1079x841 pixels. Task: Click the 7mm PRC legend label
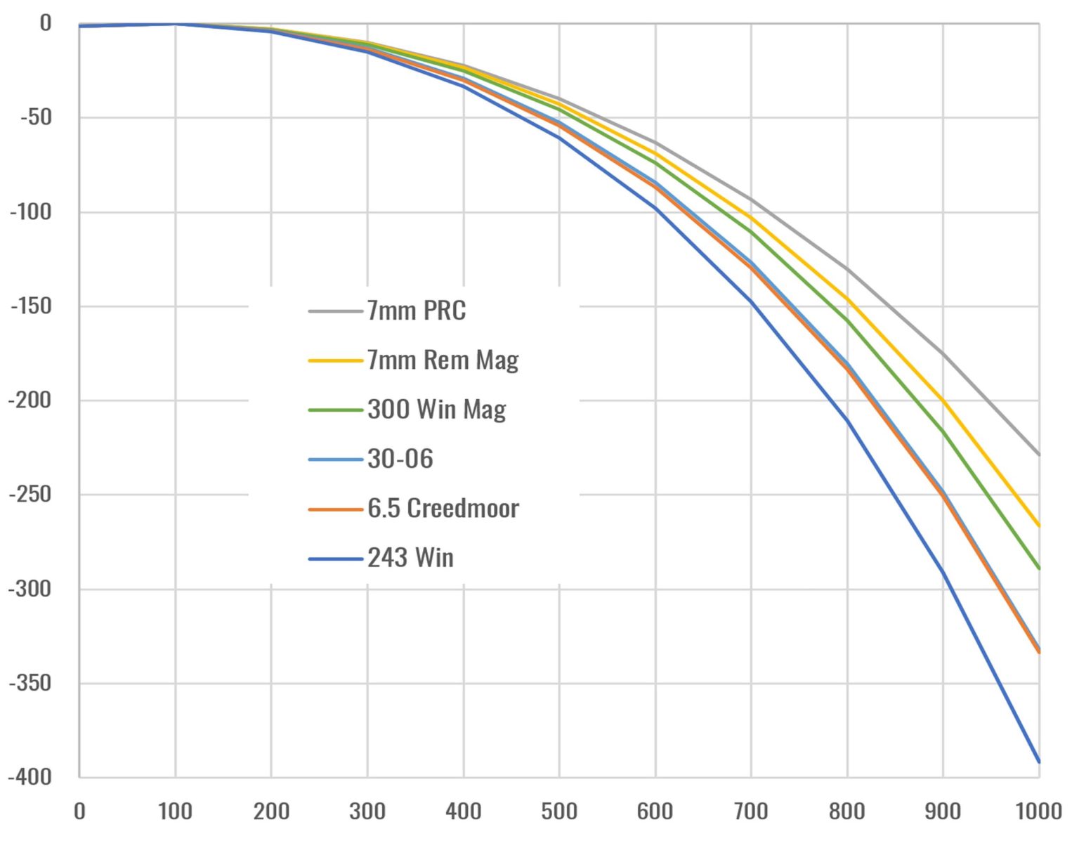[x=416, y=311]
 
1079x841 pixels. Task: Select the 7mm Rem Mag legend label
[x=443, y=360]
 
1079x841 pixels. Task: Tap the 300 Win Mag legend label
[x=436, y=409]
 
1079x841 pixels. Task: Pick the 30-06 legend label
[x=400, y=459]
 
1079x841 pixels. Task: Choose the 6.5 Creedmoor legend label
[x=443, y=508]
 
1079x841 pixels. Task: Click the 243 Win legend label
[x=410, y=558]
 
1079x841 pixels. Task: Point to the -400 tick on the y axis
[x=30, y=777]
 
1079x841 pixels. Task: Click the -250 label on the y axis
[x=30, y=494]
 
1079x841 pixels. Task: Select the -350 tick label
[x=30, y=682]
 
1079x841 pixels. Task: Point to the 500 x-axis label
[x=559, y=811]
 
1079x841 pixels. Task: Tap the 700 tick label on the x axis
[x=751, y=811]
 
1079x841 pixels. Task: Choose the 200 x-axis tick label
[x=271, y=811]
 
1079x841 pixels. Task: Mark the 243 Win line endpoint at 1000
[x=1038, y=762]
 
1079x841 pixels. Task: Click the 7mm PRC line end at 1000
[x=1038, y=455]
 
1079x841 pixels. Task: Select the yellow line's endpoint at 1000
[x=1038, y=526]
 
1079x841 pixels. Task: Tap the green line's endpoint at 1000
[x=1038, y=568]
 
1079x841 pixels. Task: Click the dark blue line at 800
[x=847, y=420]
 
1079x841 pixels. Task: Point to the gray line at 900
[x=943, y=354]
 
